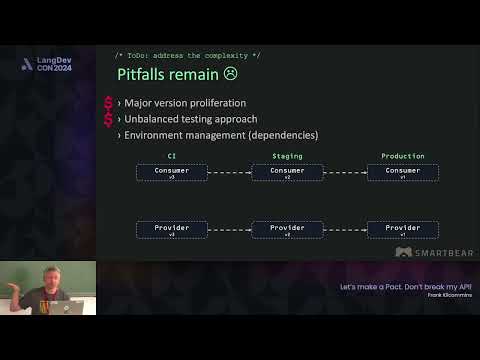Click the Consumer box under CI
pyautogui.click(x=171, y=172)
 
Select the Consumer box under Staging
pyautogui.click(x=287, y=172)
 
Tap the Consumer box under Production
pyautogui.click(x=402, y=172)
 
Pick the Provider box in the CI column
pyautogui.click(x=171, y=229)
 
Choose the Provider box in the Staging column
pyautogui.click(x=287, y=229)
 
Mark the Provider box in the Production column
pyautogui.click(x=402, y=229)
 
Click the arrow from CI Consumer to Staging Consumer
pyautogui.click(x=229, y=172)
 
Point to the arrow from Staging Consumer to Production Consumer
pyautogui.click(x=345, y=172)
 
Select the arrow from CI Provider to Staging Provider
pyautogui.click(x=229, y=229)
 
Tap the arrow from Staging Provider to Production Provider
pyautogui.click(x=345, y=229)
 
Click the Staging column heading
pyautogui.click(x=287, y=156)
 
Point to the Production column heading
pyautogui.click(x=402, y=156)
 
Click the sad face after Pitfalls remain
pyautogui.click(x=231, y=74)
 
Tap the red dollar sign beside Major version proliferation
pyautogui.click(x=108, y=103)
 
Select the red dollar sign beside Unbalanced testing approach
pyautogui.click(x=108, y=119)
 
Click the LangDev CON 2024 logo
pyautogui.click(x=46, y=64)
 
